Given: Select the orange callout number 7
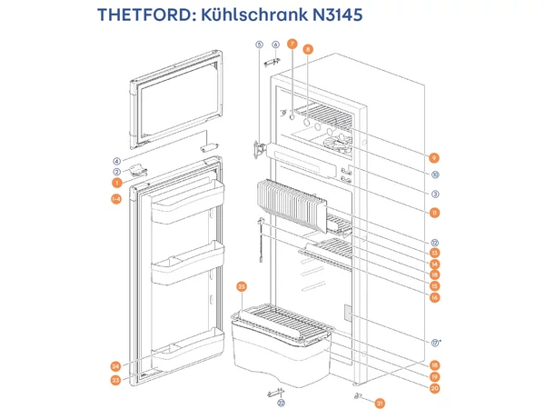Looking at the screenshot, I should [292, 44].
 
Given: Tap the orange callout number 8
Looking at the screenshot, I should [308, 49].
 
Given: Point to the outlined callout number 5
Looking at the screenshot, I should [259, 44].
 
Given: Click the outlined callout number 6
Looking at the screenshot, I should [275, 44].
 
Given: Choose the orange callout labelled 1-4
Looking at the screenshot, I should [116, 199].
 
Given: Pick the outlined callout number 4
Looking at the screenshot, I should [116, 161].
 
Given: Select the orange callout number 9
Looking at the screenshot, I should [435, 156].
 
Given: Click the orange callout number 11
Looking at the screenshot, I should [435, 213].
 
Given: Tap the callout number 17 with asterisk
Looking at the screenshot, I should [436, 342].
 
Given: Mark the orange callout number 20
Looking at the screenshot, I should [435, 388].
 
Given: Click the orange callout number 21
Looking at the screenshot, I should [381, 402].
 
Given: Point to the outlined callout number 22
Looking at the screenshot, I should [281, 403].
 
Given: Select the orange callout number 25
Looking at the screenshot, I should [242, 286].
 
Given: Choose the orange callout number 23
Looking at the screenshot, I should [116, 379].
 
